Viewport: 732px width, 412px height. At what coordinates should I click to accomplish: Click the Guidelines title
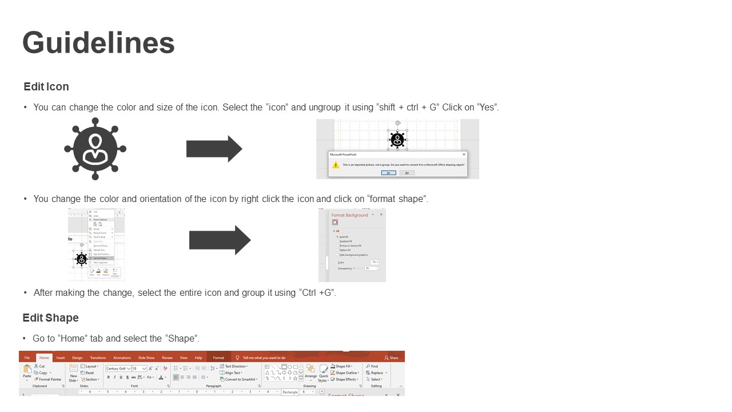98,43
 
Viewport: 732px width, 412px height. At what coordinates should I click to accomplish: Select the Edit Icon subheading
46,87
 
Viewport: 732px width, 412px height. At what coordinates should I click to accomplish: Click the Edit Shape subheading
51,318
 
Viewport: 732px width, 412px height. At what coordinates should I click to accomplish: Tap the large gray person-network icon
95,149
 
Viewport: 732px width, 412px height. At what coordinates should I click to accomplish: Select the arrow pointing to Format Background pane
220,240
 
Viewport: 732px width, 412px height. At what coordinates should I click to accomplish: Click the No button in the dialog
407,173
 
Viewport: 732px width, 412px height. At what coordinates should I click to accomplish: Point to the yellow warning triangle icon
336,165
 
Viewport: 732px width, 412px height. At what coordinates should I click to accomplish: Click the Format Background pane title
349,215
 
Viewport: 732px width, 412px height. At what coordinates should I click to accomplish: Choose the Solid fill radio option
343,236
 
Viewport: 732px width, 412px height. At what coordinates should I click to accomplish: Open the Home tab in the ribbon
44,358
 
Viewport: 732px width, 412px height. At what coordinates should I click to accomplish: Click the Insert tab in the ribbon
60,358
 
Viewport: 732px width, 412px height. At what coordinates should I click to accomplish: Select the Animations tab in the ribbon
122,358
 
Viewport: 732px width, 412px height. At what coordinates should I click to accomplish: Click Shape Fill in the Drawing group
343,366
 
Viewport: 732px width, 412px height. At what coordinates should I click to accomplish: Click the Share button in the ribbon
392,358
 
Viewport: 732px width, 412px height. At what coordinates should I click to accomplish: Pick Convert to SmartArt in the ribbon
240,379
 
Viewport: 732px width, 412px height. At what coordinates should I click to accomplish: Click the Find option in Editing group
373,366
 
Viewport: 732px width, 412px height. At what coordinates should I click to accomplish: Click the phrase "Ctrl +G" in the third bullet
317,293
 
